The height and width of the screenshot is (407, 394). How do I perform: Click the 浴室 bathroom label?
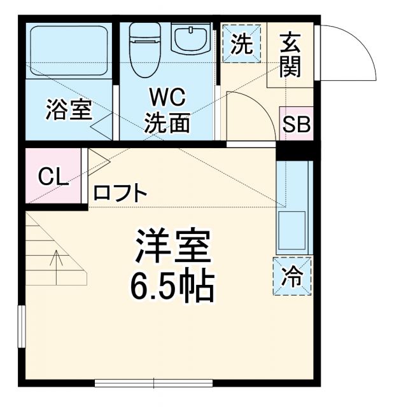click(69, 109)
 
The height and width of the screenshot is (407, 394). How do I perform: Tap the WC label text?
click(167, 97)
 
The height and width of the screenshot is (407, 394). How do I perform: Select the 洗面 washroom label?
click(167, 122)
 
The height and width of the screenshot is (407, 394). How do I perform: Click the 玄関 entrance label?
click(290, 56)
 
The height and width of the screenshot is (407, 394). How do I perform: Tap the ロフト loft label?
click(121, 193)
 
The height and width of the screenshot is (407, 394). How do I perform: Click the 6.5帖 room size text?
click(172, 287)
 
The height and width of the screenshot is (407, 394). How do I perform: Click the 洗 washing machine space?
click(241, 44)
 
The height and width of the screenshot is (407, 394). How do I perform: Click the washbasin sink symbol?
click(190, 41)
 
